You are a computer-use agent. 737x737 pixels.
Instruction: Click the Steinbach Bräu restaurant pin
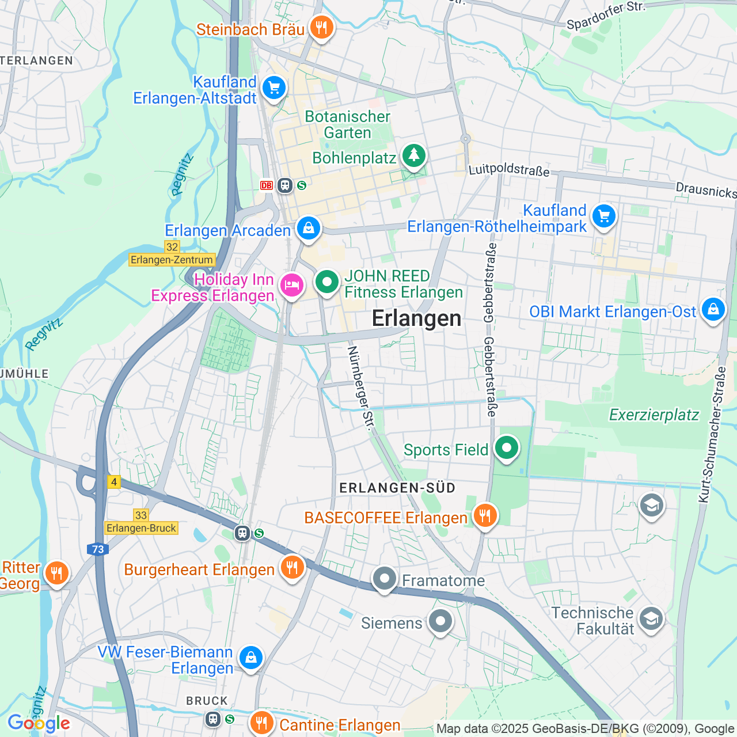pos(321,27)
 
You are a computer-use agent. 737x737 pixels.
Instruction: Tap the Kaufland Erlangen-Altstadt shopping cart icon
pos(274,88)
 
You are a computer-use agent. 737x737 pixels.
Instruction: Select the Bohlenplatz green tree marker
pos(413,155)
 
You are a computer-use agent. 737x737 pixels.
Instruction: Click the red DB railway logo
pos(266,185)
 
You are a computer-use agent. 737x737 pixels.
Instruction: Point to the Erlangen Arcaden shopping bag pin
pos(309,228)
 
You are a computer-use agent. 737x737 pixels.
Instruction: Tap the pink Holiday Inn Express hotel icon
pos(292,285)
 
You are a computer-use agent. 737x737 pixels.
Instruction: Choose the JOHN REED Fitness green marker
pos(327,282)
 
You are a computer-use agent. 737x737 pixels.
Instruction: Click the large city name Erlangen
pos(416,318)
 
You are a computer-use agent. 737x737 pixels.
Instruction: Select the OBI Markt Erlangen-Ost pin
pos(713,309)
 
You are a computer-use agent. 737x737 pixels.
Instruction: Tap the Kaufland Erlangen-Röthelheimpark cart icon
pos(603,216)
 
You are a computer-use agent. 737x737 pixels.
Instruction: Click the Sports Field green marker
pos(507,447)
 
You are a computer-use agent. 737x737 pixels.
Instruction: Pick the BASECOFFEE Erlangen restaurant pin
pos(485,515)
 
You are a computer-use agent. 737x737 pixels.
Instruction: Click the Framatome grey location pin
pos(385,578)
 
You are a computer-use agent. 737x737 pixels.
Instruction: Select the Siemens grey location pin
pos(440,621)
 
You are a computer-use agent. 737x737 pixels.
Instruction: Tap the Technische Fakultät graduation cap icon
pos(651,619)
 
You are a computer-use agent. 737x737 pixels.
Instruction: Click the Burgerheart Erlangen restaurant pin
pos(292,567)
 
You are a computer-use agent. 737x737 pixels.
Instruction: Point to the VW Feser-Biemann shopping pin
pos(251,658)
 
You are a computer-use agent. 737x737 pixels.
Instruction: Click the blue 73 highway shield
pos(98,549)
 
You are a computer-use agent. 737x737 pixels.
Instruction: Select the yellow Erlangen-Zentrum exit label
pos(172,260)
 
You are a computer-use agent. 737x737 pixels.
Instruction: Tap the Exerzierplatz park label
pos(654,415)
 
